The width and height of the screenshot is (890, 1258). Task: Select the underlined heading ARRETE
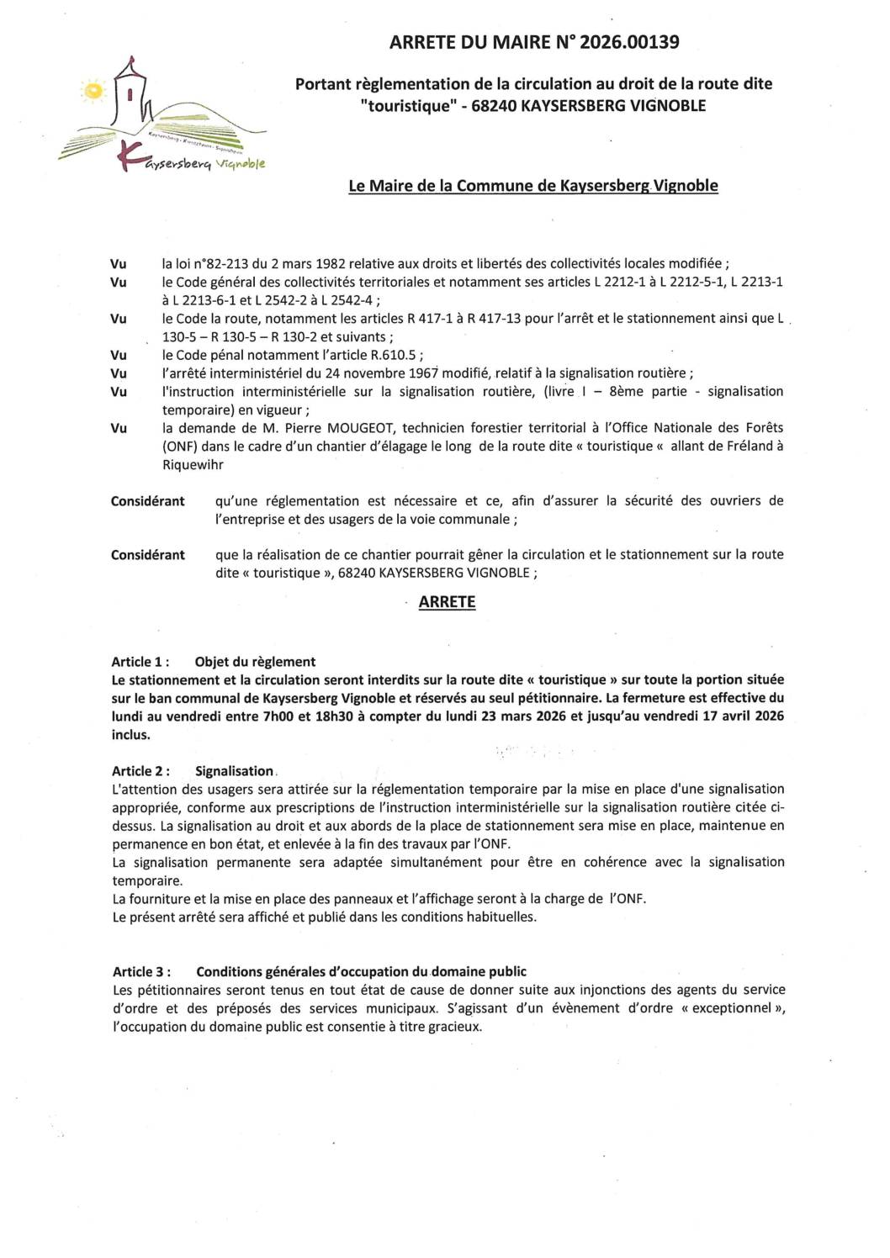pyautogui.click(x=447, y=602)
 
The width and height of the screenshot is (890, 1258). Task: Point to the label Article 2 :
pyautogui.click(x=140, y=771)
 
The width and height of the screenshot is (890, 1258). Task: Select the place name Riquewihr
pyautogui.click(x=193, y=464)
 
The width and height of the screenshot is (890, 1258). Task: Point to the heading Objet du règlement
pyautogui.click(x=255, y=662)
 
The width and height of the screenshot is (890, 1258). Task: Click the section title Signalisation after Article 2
pyautogui.click(x=234, y=771)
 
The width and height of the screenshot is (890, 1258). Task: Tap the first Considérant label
pyautogui.click(x=147, y=501)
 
